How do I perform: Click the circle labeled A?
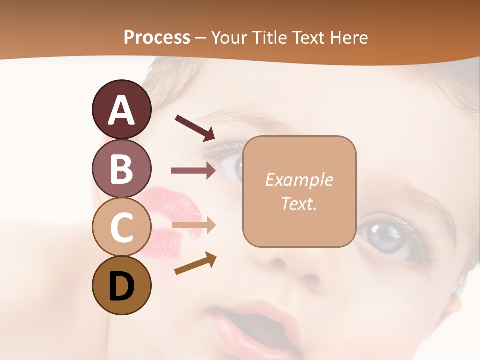point(122,109)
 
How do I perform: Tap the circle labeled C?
point(122,226)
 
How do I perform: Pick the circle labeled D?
point(122,285)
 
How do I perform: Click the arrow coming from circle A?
point(194,127)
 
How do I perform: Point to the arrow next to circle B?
point(193,170)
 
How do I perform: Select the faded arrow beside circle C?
point(193,226)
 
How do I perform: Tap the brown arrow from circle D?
point(195,263)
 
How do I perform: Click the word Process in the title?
point(157,37)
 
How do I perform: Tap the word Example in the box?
point(299,180)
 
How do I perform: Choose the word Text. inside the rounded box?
point(299,203)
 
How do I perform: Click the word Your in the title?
point(229,37)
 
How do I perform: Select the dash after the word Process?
point(200,38)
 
